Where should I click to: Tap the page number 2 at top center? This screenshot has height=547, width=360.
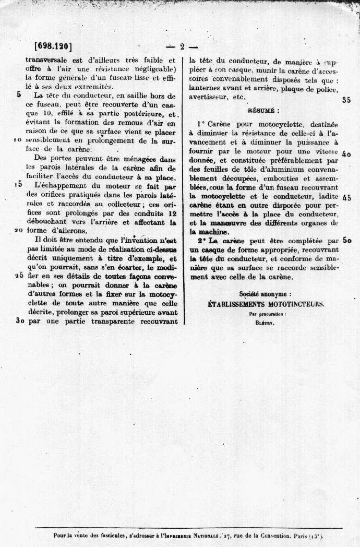pyautogui.click(x=182, y=46)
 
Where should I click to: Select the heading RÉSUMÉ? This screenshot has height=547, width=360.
pyautogui.click(x=263, y=111)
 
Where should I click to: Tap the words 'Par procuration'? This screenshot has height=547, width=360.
pyautogui.click(x=263, y=314)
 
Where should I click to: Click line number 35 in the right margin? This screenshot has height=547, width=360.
pyautogui.click(x=346, y=101)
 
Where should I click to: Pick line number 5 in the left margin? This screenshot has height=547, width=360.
pyautogui.click(x=19, y=94)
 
